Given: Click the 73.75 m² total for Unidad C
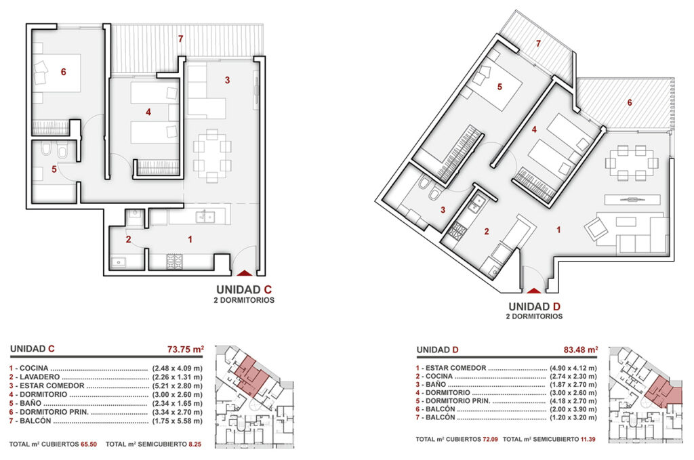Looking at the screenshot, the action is [186, 349].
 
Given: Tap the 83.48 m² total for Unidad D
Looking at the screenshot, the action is [581, 350].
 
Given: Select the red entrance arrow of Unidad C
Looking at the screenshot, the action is [244, 273].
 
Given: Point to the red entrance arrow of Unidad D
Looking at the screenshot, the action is [534, 291].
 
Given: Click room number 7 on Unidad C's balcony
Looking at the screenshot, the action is [180, 39].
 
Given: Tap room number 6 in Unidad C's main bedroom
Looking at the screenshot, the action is [63, 72].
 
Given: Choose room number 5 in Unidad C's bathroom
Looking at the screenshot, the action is [54, 169].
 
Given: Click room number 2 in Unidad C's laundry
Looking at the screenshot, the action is [128, 239].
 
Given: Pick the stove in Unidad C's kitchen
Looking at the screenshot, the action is [174, 262].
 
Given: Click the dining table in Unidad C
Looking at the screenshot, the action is [212, 156].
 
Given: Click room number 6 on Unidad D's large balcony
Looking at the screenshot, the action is [630, 102].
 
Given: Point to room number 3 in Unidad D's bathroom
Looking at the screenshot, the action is [443, 210].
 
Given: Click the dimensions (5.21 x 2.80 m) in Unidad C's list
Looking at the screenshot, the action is [178, 385].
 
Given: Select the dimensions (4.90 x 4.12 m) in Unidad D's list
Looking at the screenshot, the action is [573, 368].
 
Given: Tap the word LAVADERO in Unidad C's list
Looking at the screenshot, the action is [39, 377].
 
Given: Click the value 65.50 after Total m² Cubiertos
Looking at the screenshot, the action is [89, 444].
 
